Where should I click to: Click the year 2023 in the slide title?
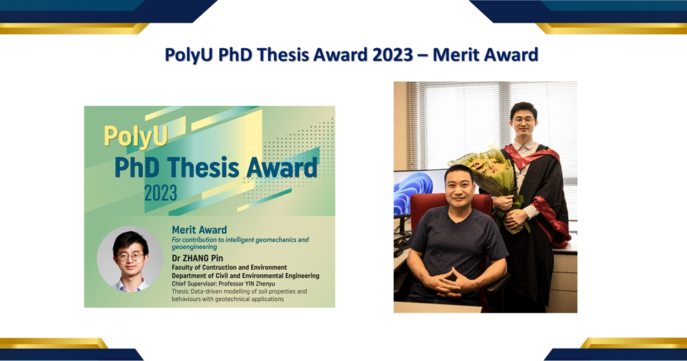coord(392,55)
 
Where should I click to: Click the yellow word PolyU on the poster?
coord(136,135)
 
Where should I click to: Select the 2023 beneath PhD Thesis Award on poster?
coord(161,193)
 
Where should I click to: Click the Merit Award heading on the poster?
coord(199,230)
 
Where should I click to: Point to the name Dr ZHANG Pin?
coord(197,258)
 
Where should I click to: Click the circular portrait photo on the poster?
coord(130,259)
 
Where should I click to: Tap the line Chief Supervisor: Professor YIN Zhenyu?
coord(223,284)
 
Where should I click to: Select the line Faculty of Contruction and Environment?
coord(229,267)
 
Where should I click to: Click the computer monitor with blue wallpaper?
coord(418,193)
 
